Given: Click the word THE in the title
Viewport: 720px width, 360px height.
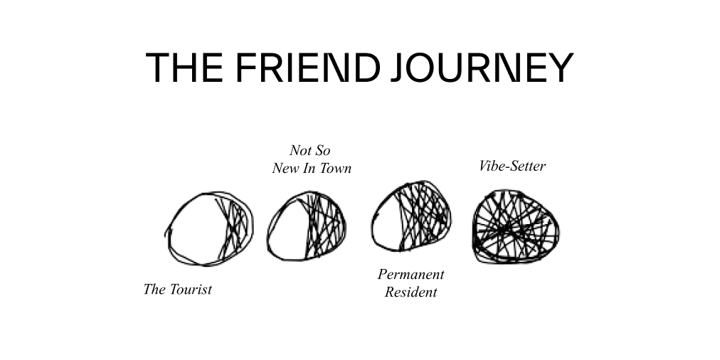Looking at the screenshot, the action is point(184,67).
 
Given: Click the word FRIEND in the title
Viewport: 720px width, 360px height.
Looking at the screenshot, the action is point(308,67).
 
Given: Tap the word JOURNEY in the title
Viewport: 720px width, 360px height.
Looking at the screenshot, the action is point(482,67).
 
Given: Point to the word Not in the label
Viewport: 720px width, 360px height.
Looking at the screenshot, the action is point(300,150).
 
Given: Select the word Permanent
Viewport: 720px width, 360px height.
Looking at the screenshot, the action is point(411,274).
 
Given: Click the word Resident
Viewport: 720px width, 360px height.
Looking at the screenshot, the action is point(411,292).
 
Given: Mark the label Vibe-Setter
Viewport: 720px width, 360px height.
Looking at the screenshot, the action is point(512,166).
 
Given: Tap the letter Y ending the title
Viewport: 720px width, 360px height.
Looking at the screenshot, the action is point(561,67).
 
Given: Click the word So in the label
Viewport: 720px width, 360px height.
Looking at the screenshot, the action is point(322,150).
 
